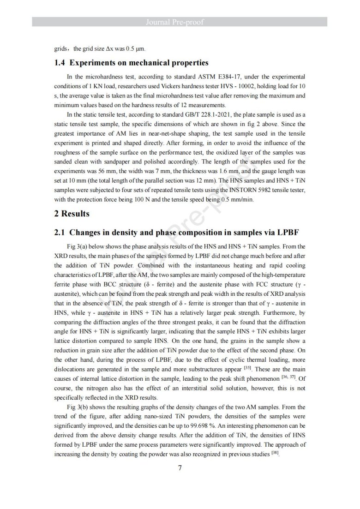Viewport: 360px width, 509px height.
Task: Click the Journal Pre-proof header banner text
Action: click(180, 22)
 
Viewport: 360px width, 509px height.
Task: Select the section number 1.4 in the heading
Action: click(61, 63)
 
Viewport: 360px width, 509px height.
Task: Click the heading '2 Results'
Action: click(72, 214)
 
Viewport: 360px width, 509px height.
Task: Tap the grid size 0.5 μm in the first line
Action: click(130, 48)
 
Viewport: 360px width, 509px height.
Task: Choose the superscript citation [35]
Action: click(246, 367)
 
